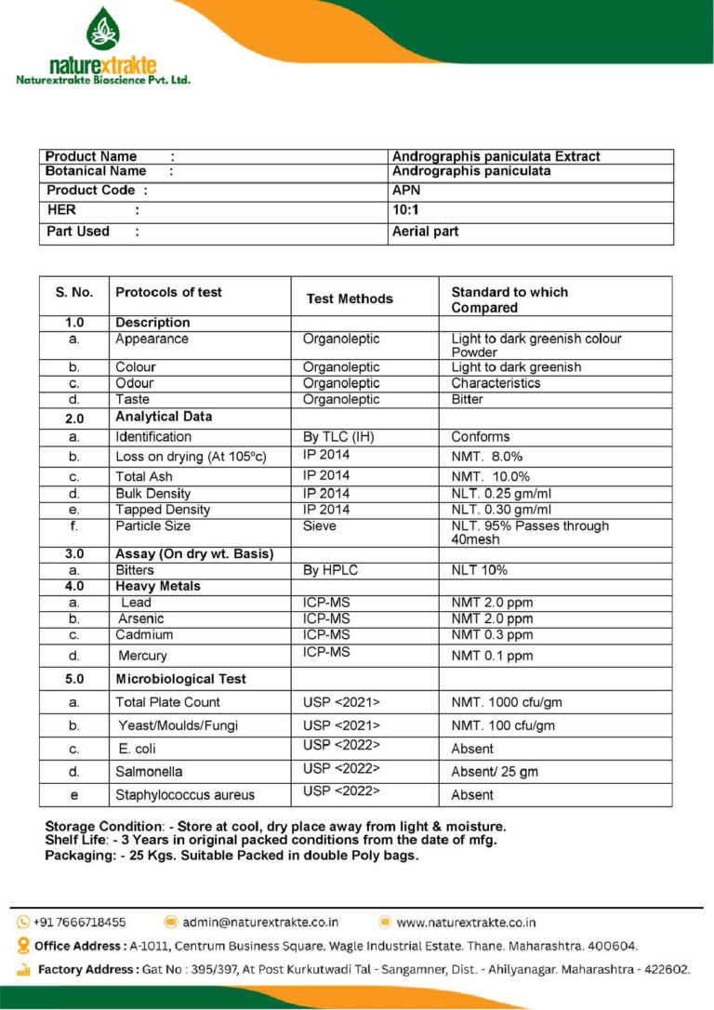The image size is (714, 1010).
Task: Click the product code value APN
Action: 406,190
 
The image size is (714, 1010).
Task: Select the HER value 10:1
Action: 406,210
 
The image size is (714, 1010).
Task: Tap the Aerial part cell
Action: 425,232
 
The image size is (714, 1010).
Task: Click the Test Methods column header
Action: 350,299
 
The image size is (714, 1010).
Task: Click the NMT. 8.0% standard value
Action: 489,457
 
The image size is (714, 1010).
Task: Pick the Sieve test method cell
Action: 320,526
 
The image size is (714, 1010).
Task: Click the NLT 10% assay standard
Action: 479,570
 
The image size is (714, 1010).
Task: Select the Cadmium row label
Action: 145,635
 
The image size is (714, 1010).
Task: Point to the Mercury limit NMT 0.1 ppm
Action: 492,656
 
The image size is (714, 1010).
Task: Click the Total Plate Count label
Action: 167,702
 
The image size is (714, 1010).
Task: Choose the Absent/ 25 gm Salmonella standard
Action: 495,772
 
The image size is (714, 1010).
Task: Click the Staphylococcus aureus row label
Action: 185,795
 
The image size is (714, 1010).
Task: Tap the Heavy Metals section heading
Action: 158,587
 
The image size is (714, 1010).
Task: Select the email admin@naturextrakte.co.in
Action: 260,923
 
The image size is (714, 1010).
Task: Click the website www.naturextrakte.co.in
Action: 466,923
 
